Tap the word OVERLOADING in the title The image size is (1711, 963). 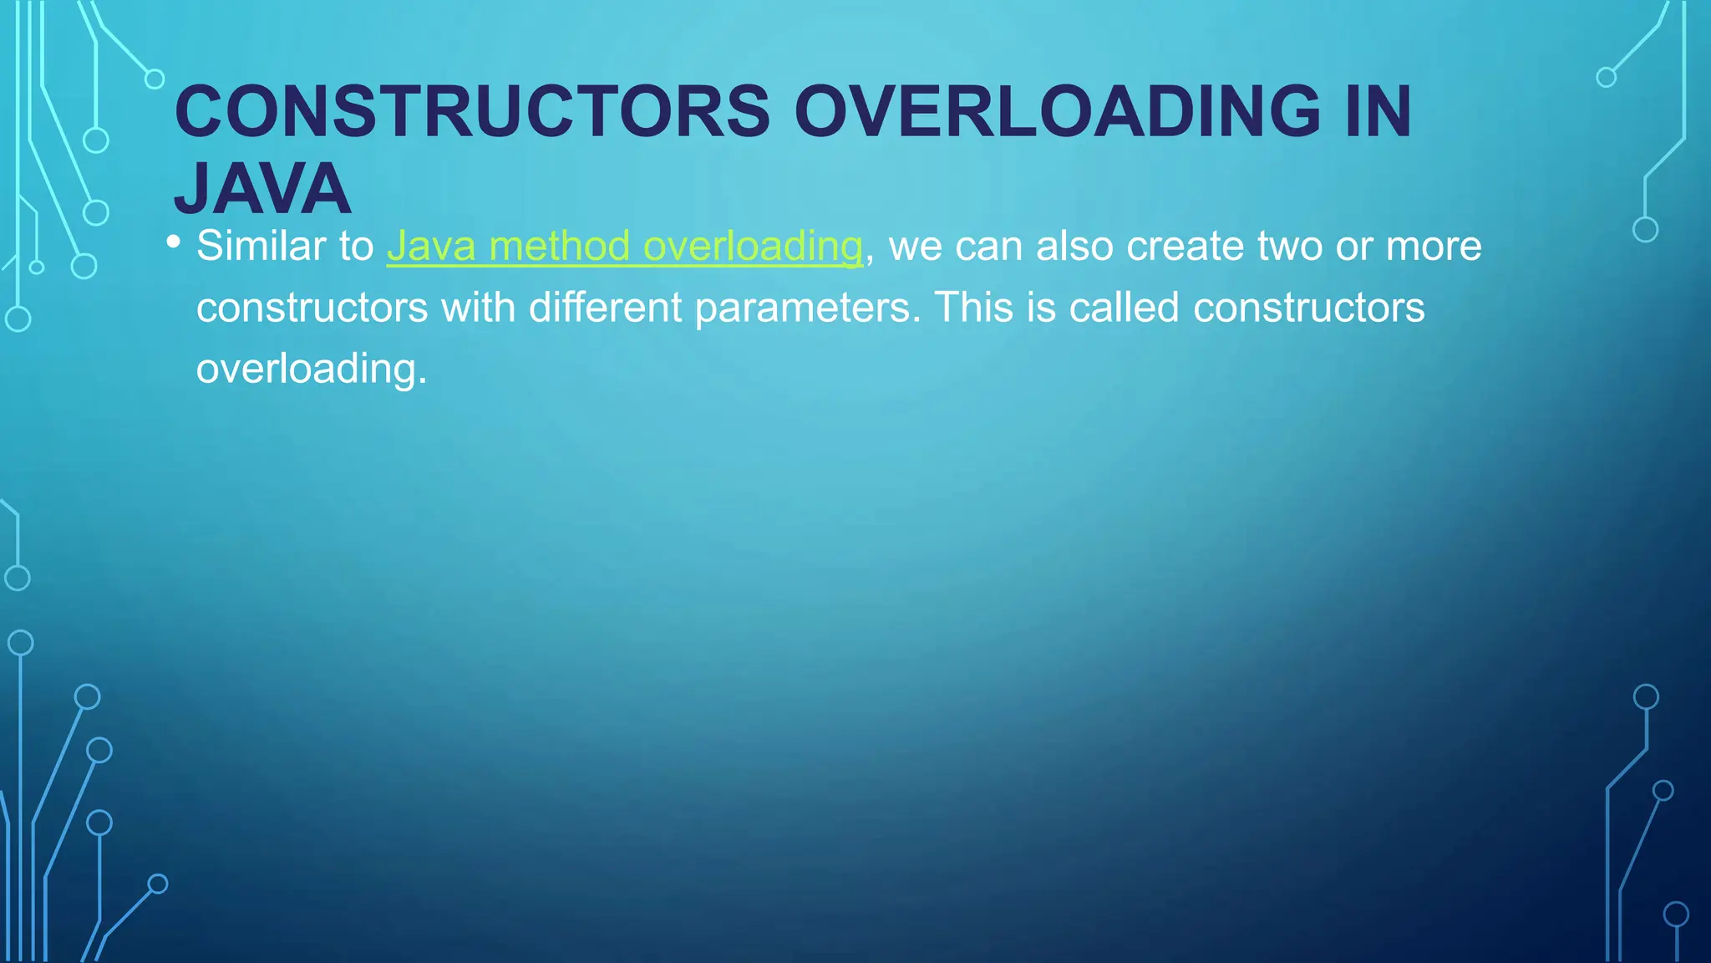(x=1057, y=112)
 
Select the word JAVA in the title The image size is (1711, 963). (x=262, y=190)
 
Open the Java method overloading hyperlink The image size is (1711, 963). (x=624, y=247)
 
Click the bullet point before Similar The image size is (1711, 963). (x=173, y=242)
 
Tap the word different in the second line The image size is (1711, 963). (x=605, y=308)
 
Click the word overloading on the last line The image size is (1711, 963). (x=311, y=369)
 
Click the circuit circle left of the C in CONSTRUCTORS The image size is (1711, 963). (x=155, y=79)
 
